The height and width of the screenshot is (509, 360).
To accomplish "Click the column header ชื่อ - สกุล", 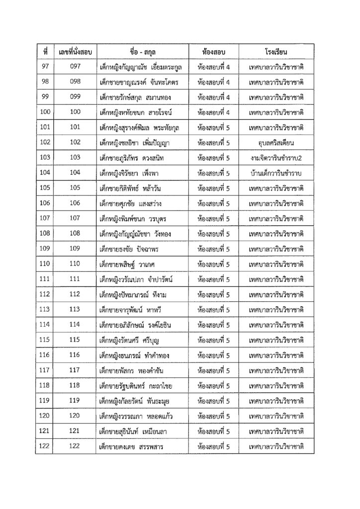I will [x=144, y=52].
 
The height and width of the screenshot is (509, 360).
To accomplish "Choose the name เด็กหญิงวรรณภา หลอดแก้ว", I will [x=136, y=416].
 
